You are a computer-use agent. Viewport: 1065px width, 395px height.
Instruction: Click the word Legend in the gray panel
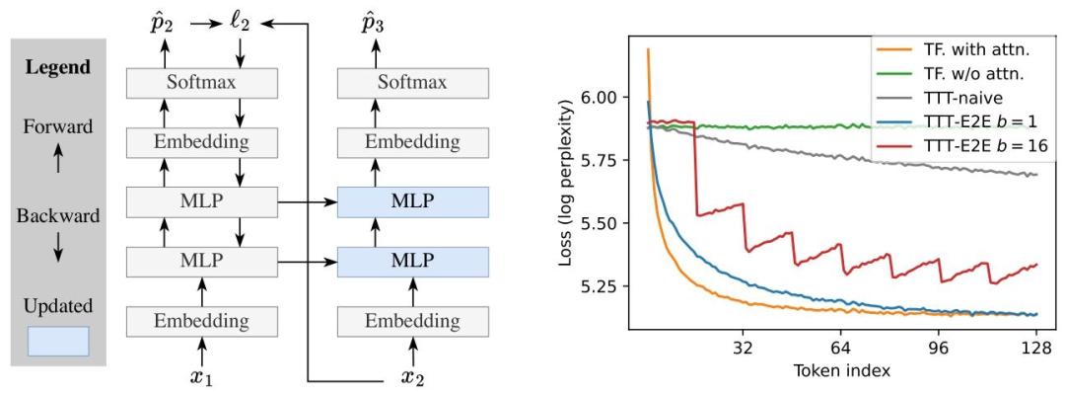click(x=57, y=68)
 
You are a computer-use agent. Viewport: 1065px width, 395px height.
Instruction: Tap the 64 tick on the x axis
click(x=841, y=348)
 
